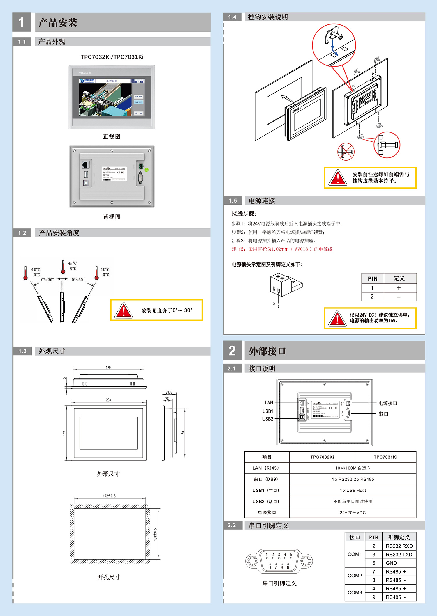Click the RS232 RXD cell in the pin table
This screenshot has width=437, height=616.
[399, 546]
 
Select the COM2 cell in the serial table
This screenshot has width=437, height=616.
[355, 576]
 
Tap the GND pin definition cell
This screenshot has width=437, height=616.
[391, 563]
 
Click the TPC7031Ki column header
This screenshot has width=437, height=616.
[385, 457]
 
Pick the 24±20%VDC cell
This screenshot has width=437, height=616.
[353, 512]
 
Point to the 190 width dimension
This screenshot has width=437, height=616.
[108, 368]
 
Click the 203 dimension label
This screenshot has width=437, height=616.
[108, 400]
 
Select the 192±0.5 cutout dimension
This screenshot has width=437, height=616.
[109, 496]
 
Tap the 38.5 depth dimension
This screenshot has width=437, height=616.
[169, 393]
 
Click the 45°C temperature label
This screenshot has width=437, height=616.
[72, 264]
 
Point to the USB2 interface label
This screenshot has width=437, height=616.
[268, 419]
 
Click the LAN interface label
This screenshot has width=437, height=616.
[269, 403]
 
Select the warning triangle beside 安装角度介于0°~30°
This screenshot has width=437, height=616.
[124, 310]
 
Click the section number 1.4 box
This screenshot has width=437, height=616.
[232, 17]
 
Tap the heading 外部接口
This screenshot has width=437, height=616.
[267, 351]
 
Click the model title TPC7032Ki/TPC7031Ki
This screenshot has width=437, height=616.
[112, 57]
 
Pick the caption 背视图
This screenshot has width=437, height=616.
[112, 217]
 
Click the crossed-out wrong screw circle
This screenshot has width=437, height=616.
[346, 152]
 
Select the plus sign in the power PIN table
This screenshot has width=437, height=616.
[399, 288]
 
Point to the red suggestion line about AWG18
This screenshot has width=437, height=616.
[282, 249]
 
